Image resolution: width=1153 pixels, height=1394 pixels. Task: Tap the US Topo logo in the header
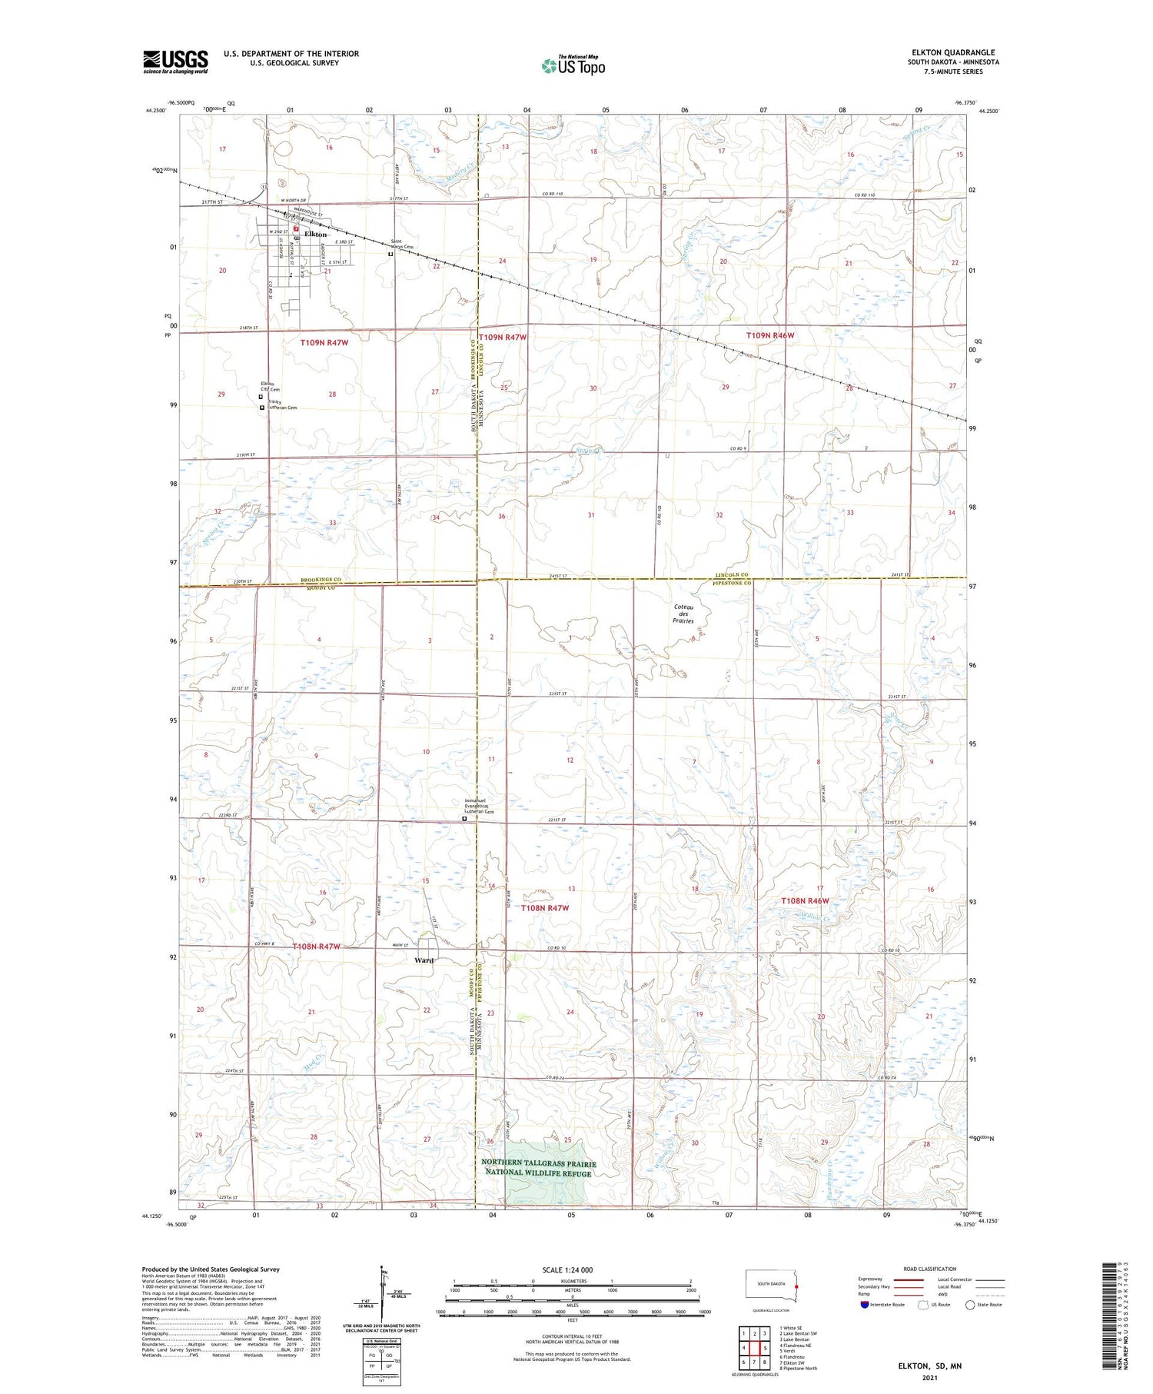[x=573, y=66]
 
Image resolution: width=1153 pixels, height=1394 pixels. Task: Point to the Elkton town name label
[x=316, y=234]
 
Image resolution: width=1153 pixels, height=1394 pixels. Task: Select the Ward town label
[x=424, y=960]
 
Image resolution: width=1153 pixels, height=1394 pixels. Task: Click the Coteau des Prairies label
[x=683, y=614]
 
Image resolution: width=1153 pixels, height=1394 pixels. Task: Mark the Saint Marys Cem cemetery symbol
[x=390, y=255]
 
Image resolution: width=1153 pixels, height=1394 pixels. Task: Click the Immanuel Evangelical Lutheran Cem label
[x=479, y=806]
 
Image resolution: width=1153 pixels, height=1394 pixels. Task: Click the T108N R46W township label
[x=806, y=900]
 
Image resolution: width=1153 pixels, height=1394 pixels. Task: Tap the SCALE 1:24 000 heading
[x=572, y=1269]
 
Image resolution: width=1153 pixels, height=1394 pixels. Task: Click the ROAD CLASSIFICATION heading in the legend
[x=929, y=1269]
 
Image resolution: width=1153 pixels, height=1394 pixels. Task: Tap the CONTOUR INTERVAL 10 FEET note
[x=572, y=1336]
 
